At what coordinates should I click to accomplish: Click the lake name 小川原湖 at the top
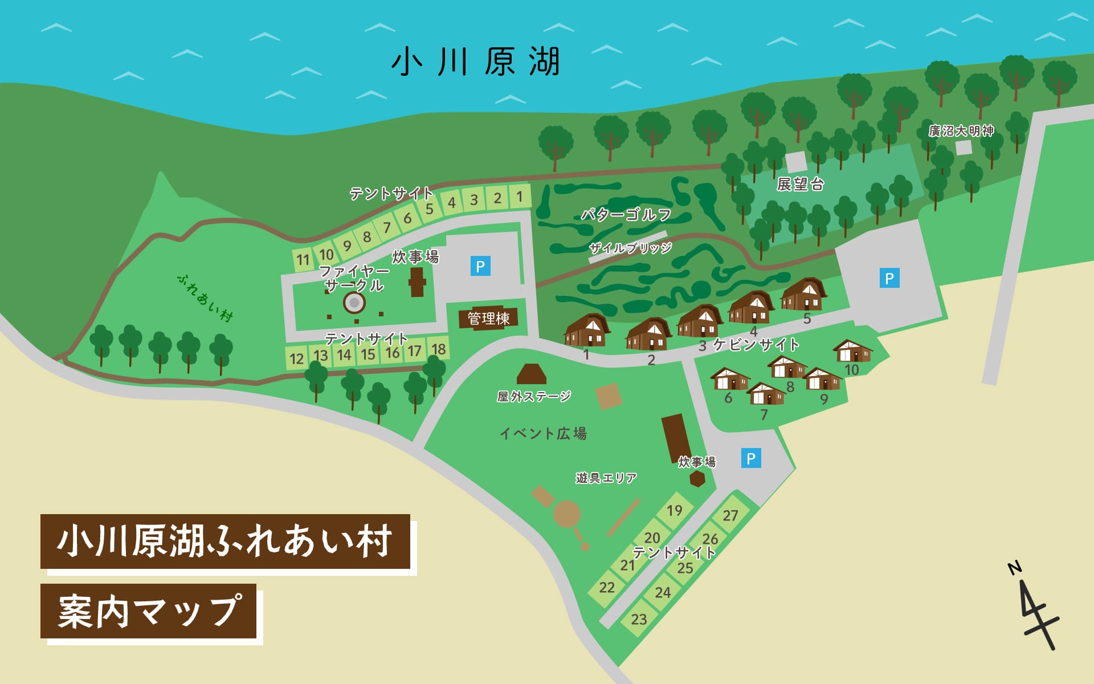(476, 62)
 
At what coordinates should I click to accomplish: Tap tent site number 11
(303, 260)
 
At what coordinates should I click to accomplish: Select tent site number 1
(520, 197)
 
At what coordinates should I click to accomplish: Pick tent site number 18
(438, 349)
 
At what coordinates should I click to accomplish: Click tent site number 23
(639, 619)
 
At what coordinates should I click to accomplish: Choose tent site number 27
(730, 515)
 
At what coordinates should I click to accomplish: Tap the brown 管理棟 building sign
(488, 318)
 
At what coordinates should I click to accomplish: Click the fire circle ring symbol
(354, 303)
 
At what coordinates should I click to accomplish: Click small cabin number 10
(852, 351)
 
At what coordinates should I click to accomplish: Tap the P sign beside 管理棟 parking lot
(480, 266)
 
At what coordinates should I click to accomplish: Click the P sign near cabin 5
(889, 278)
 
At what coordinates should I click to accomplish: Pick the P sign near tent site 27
(751, 458)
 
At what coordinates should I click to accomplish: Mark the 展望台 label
(800, 184)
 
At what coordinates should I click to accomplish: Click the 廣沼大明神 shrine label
(961, 131)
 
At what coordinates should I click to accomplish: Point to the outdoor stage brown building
(531, 374)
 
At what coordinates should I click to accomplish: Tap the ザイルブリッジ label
(630, 248)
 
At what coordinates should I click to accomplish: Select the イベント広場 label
(543, 434)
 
